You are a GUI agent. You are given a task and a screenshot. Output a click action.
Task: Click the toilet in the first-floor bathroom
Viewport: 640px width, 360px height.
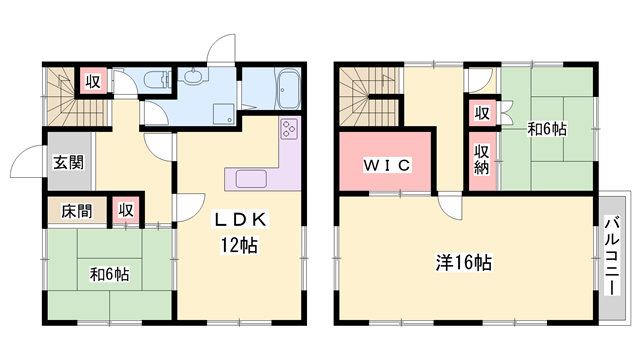tap(157, 83)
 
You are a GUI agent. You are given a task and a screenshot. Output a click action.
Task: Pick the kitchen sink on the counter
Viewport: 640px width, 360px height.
tap(251, 179)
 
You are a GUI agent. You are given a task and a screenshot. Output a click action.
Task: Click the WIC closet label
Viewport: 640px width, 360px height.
tap(386, 165)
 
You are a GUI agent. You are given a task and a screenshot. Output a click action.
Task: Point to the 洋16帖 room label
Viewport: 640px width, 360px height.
tap(462, 263)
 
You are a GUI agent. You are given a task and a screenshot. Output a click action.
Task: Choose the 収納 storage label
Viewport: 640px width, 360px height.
tap(482, 158)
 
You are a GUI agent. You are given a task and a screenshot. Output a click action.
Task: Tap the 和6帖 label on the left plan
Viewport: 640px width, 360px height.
tap(109, 273)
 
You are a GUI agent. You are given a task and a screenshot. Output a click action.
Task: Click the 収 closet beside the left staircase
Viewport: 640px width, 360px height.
tap(92, 83)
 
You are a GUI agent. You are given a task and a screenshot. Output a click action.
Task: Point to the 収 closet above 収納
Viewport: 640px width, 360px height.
tap(481, 113)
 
